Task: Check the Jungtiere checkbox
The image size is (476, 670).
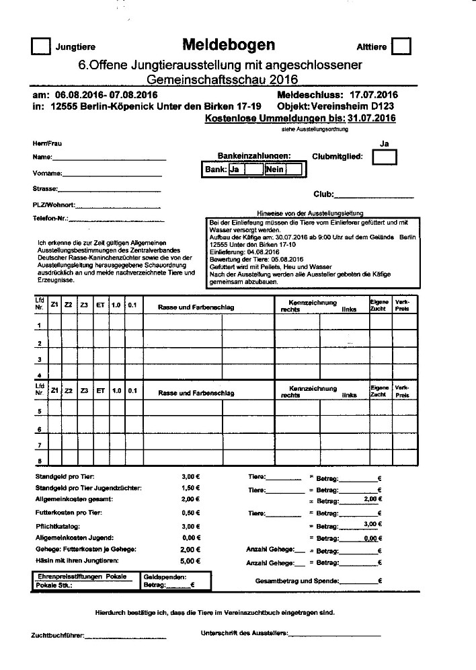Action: [41, 46]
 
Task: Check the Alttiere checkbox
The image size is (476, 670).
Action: [401, 46]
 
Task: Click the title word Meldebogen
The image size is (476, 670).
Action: [228, 44]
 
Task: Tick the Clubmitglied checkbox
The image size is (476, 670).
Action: [385, 157]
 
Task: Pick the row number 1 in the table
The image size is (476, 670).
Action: [39, 326]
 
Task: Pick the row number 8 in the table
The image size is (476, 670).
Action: [39, 461]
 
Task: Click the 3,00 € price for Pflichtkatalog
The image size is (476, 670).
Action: [191, 526]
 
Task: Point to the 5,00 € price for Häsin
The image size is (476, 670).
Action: [191, 560]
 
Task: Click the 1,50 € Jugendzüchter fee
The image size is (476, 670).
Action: [191, 488]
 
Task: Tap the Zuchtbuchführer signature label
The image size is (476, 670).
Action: [57, 636]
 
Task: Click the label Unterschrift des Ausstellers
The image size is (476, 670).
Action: [244, 633]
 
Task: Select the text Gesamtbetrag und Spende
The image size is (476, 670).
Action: [296, 581]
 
